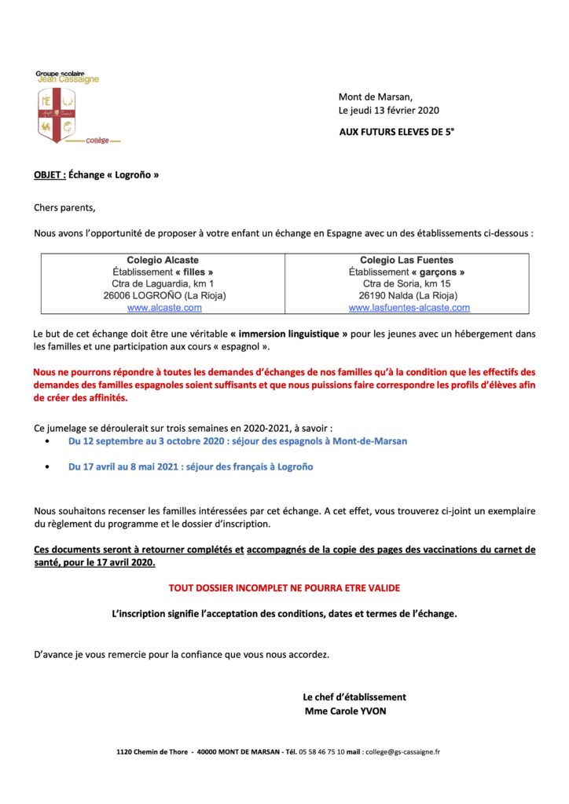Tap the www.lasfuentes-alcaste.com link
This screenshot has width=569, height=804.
click(x=409, y=308)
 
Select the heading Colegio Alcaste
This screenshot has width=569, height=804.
click(x=163, y=260)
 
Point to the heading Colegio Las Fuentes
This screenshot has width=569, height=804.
click(x=406, y=260)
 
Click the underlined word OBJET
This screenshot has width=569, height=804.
click(x=50, y=175)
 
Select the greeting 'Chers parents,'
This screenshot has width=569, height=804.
click(x=64, y=208)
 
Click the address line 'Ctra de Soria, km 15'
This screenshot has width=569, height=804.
click(x=406, y=283)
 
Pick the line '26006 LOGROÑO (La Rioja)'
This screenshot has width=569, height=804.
click(x=164, y=296)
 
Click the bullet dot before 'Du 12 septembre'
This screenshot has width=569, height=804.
click(x=49, y=442)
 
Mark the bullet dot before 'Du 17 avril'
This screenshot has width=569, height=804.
click(x=49, y=467)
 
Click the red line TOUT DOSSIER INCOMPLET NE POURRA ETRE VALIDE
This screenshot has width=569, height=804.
click(x=284, y=587)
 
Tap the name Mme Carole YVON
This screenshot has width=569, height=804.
click(x=345, y=711)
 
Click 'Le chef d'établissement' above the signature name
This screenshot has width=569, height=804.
click(x=354, y=697)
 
